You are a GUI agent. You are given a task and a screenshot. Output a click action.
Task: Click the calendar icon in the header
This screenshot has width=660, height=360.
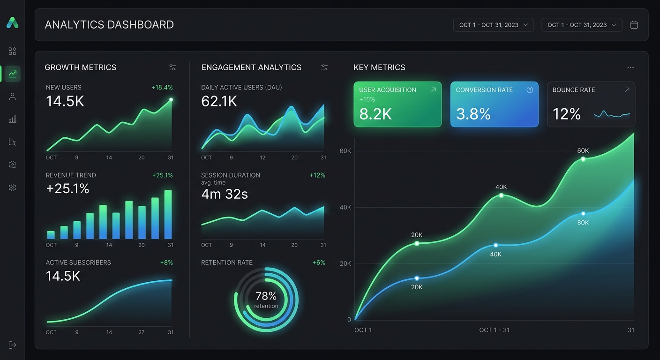(634, 25)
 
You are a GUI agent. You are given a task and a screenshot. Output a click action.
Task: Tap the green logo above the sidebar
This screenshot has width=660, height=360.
(13, 22)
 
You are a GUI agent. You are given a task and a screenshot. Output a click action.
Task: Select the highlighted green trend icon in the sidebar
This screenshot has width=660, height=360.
(13, 74)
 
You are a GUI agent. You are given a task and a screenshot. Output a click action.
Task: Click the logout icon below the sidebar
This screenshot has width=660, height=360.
(13, 345)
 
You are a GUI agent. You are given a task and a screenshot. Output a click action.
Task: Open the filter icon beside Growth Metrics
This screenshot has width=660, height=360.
(172, 67)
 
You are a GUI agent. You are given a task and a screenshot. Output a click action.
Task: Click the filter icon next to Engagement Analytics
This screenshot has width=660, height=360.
(324, 67)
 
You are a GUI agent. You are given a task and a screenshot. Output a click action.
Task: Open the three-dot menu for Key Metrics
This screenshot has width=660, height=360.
(630, 67)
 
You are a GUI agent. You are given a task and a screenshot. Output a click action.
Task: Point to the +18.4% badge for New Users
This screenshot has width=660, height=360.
(162, 88)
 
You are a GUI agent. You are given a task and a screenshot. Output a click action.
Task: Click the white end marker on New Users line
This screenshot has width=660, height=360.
(171, 99)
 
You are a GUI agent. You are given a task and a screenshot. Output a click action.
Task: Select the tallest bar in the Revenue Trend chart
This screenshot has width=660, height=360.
(168, 215)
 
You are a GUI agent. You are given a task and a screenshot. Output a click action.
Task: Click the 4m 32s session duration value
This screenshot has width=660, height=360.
(224, 194)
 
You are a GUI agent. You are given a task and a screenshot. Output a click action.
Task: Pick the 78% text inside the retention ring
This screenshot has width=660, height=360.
(266, 296)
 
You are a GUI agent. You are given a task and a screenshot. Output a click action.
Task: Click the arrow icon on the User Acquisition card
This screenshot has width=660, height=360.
(433, 90)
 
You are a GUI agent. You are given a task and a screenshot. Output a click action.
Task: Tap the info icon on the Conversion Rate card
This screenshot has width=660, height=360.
(530, 90)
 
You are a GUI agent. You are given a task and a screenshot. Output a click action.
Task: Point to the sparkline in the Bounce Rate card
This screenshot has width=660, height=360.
(612, 114)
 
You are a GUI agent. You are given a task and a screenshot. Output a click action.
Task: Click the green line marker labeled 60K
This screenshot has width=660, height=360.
(583, 159)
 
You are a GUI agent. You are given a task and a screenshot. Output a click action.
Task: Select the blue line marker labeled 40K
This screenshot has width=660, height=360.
(495, 245)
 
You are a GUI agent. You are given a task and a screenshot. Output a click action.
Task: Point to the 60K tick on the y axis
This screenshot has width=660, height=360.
(345, 151)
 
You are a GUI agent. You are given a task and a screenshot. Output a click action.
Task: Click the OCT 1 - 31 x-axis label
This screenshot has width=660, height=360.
(494, 330)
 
